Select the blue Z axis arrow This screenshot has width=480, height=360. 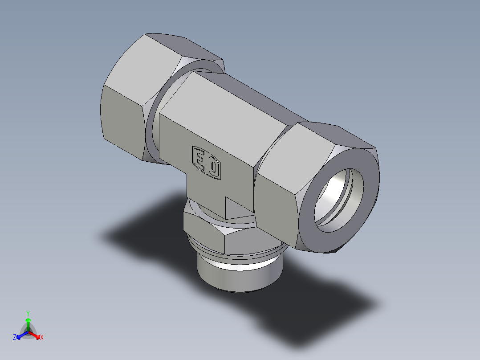(x=20, y=335)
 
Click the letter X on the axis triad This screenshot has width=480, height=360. (x=42, y=338)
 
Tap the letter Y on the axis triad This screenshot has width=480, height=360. (x=28, y=313)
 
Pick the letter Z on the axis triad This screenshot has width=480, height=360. (x=15, y=338)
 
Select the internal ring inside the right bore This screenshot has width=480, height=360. (x=350, y=187)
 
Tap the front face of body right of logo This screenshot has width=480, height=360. (x=238, y=178)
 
